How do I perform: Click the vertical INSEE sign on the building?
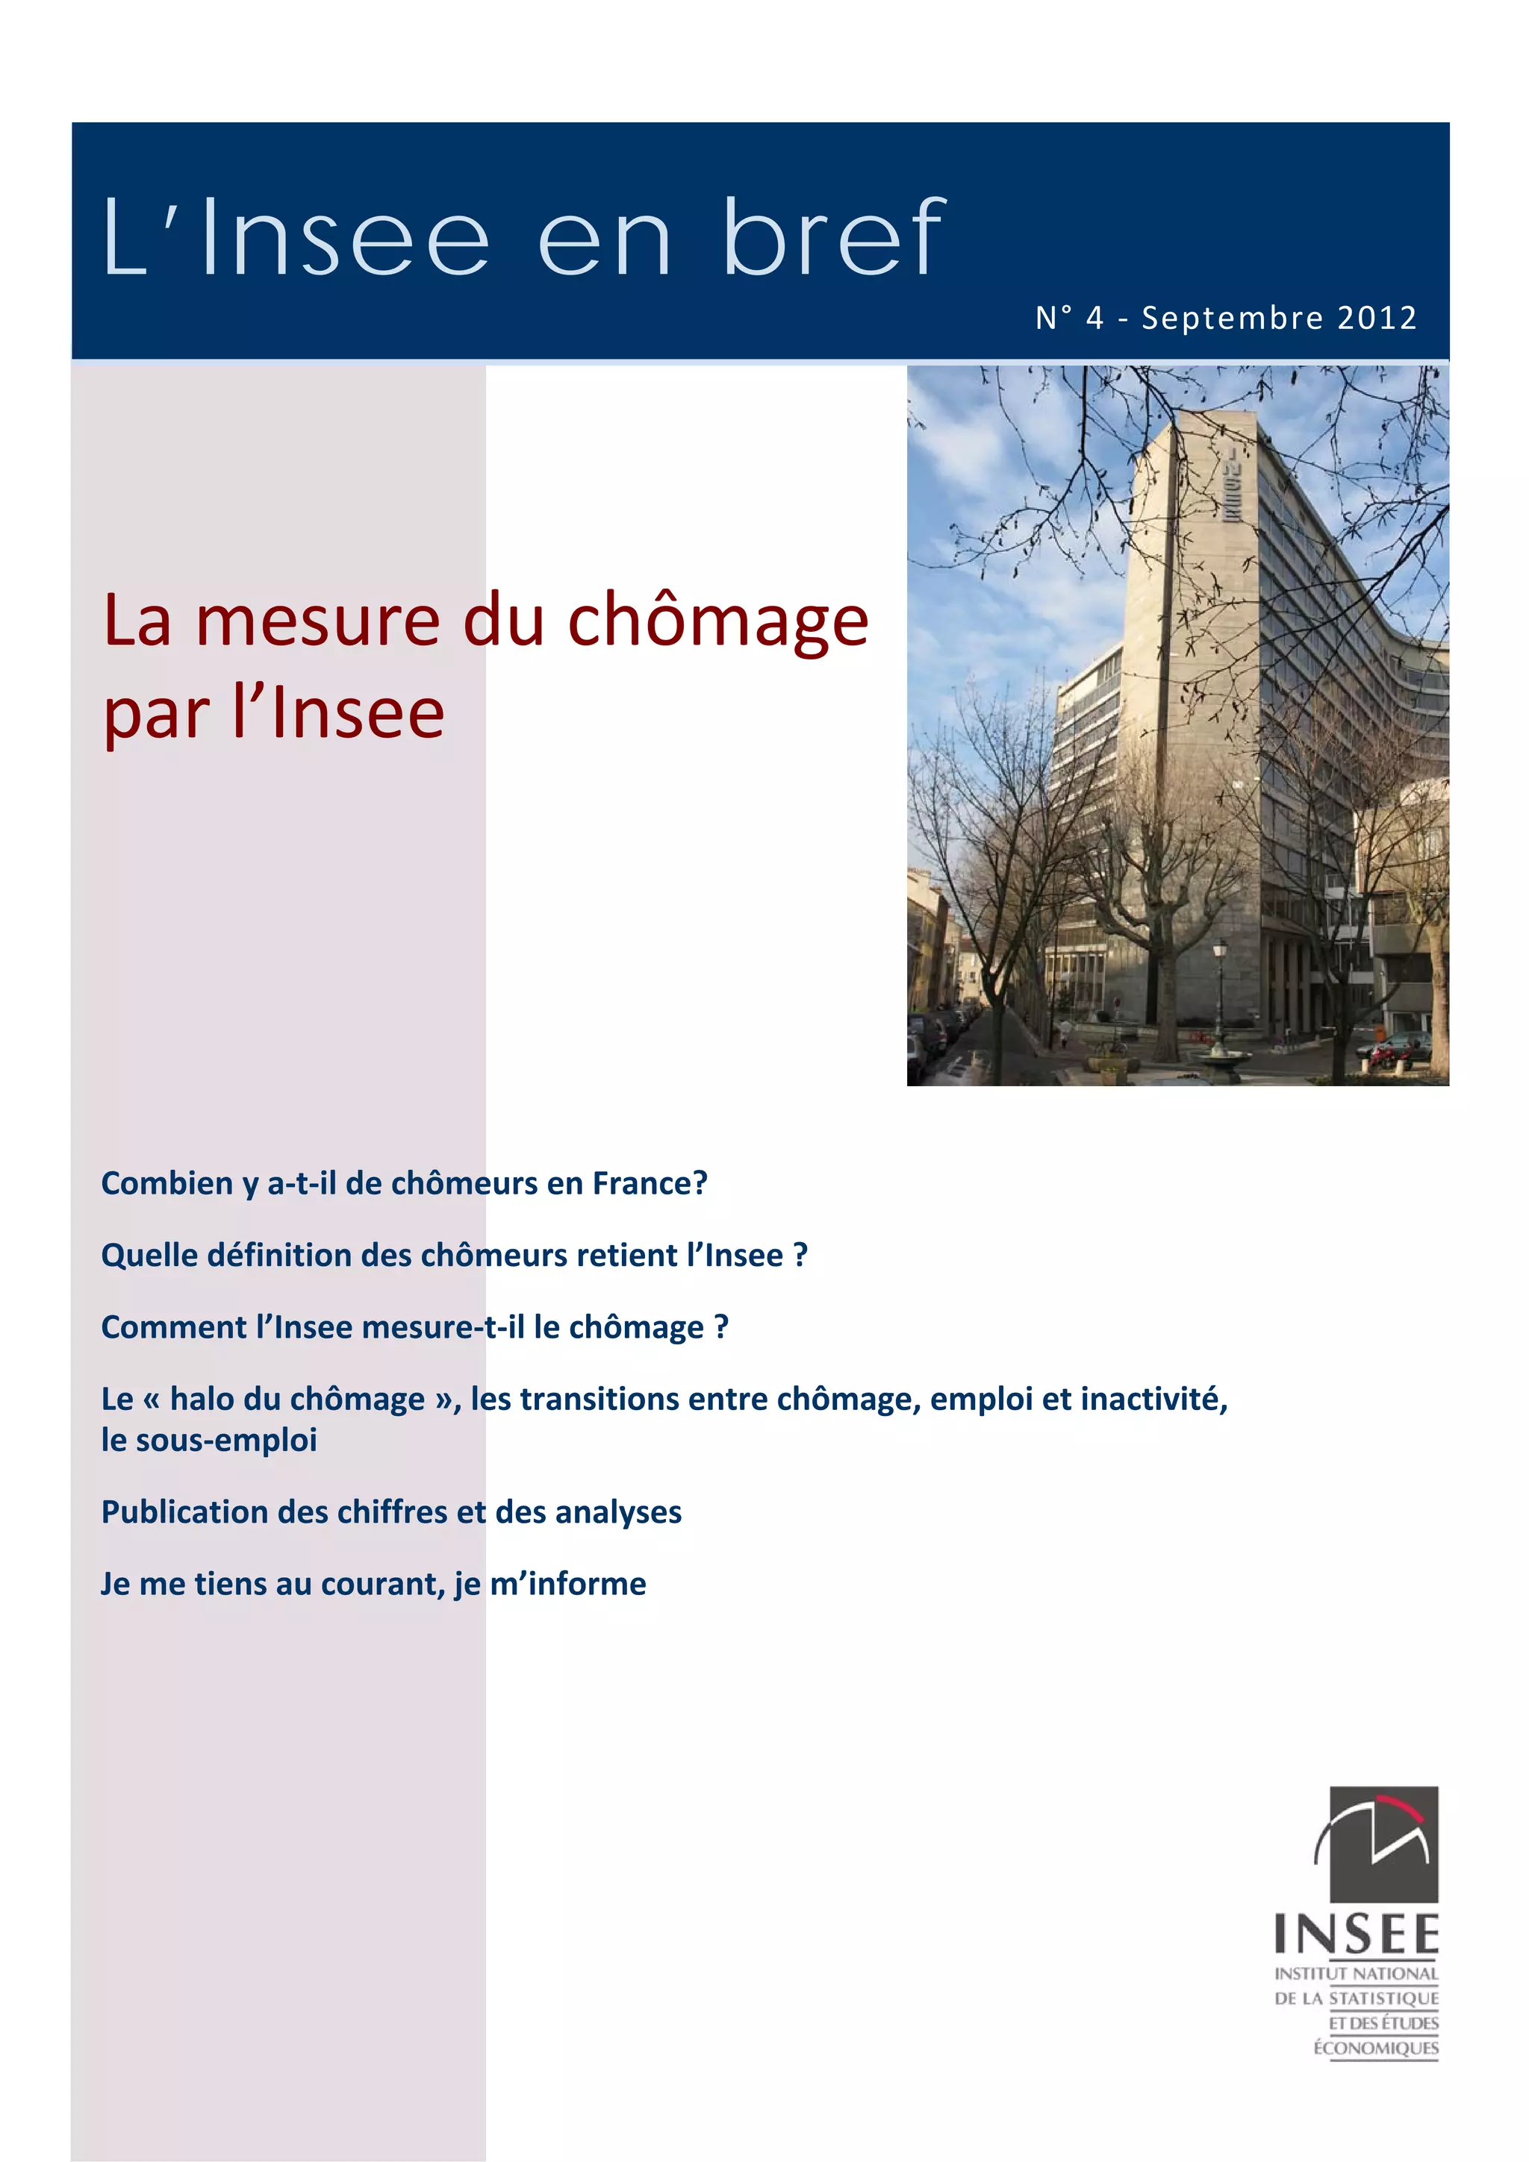1231,484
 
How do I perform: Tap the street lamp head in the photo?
1220,947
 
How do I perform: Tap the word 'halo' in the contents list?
202,1400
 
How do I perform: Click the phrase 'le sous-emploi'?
209,1440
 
